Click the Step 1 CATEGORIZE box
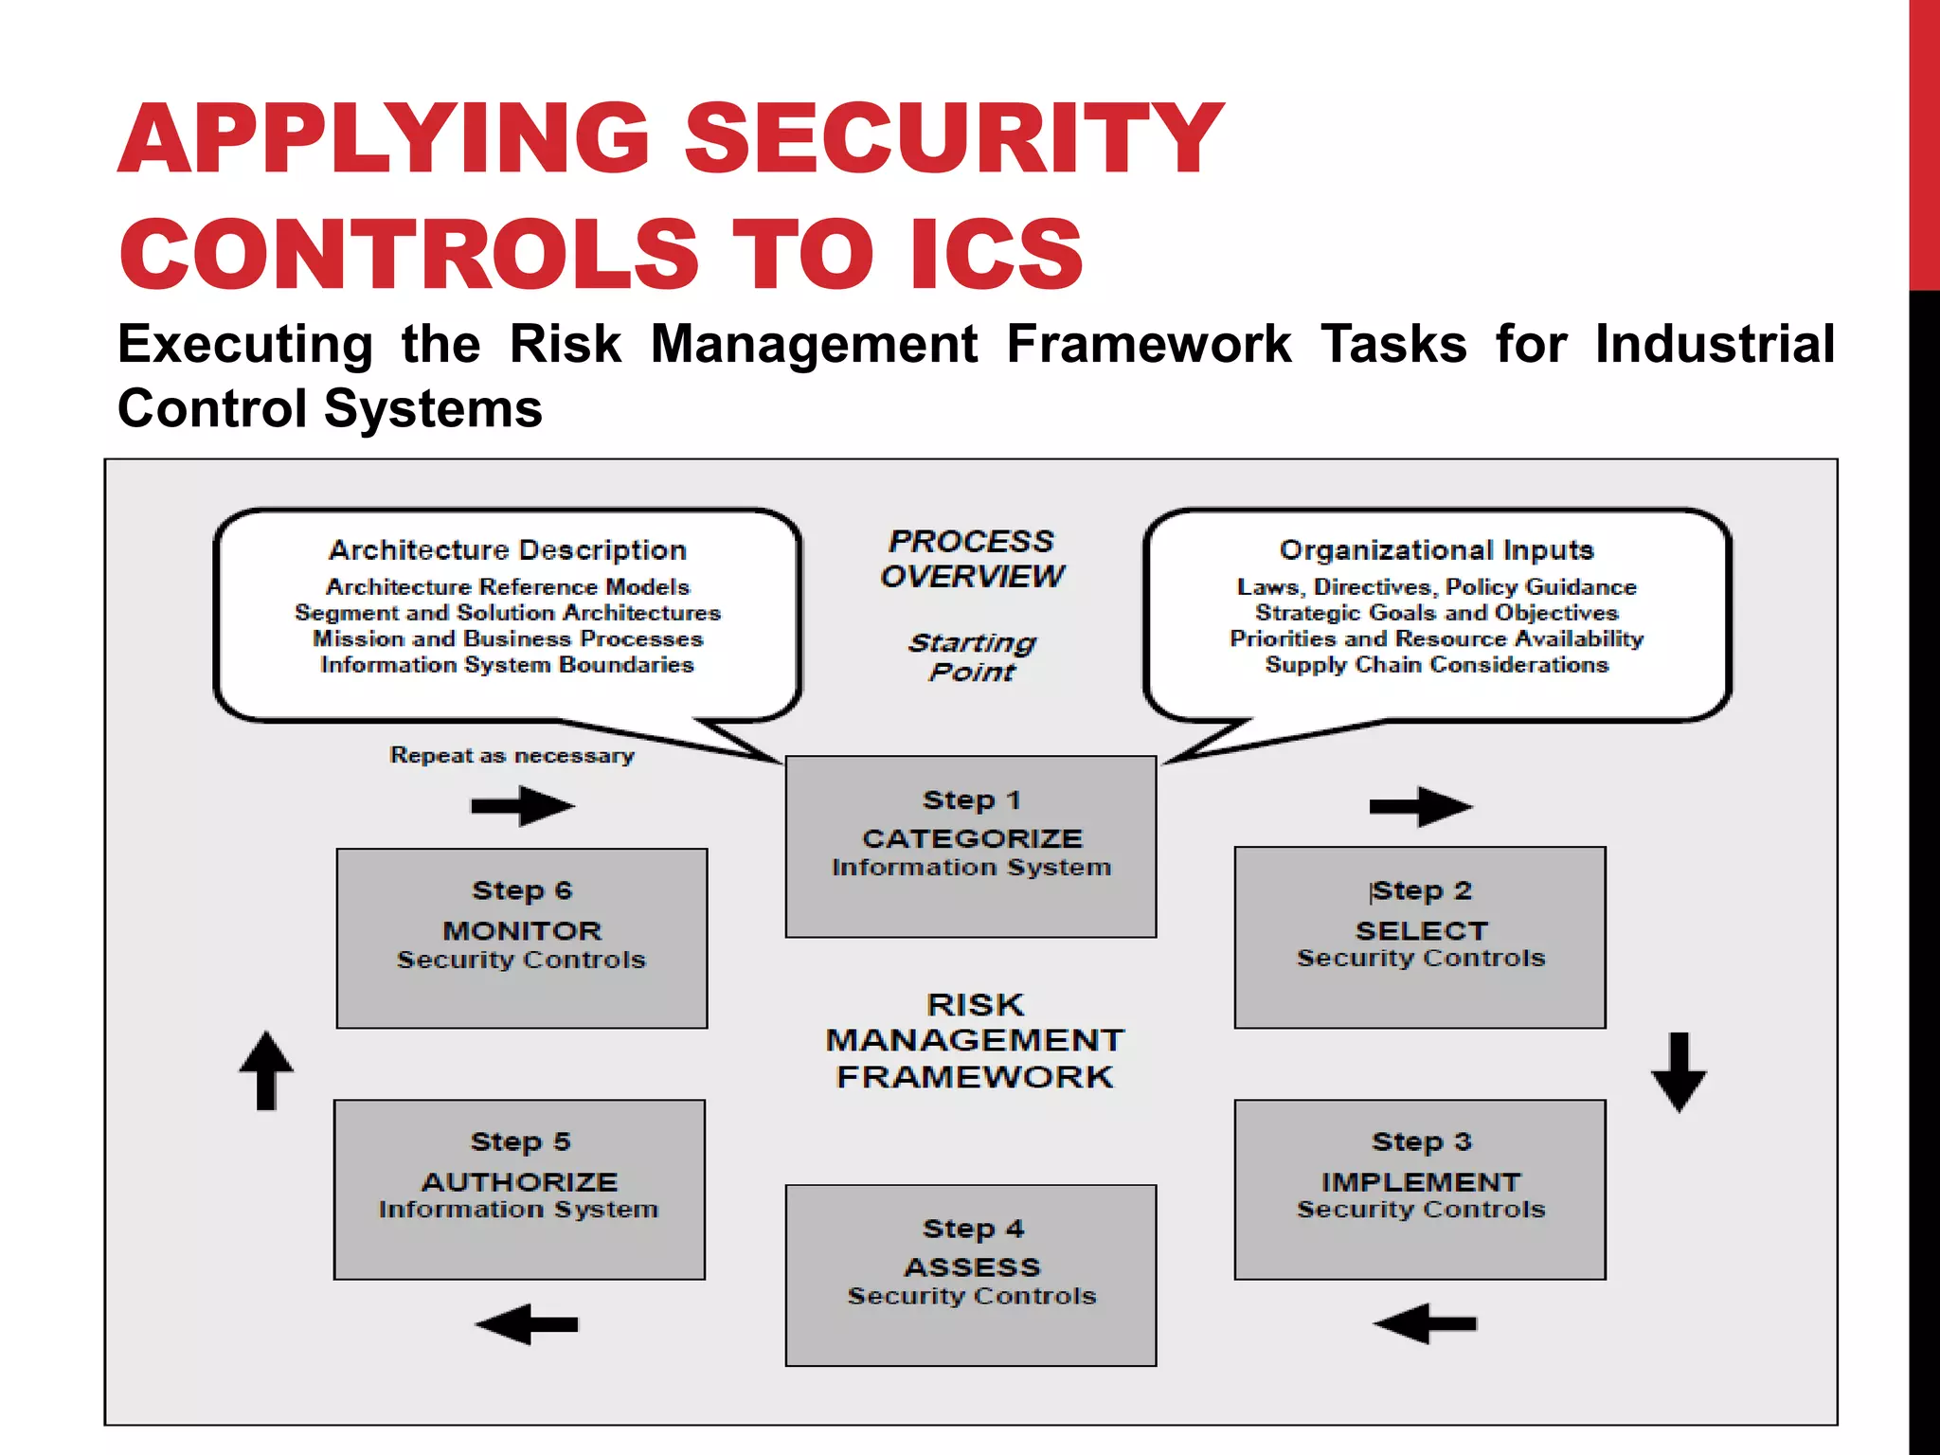971,846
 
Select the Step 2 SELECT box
1420,937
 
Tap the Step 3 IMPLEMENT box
1420,1189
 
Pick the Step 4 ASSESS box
971,1274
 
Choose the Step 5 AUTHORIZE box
519,1189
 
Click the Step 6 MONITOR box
522,938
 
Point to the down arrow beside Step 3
1679,1072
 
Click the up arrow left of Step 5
266,1070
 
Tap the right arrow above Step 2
1421,806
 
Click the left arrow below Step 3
1425,1323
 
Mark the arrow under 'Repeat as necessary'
523,806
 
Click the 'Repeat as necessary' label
512,755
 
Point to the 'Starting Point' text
972,656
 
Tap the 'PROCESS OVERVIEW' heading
972,558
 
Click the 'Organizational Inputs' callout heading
1436,549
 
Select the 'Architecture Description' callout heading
508,549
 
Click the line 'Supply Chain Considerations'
1436,665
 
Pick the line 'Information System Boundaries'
508,665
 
